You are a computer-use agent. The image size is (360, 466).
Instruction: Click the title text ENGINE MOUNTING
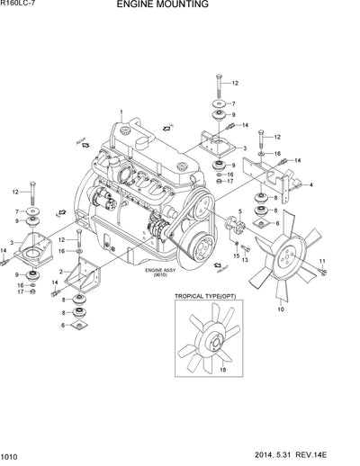(x=175, y=5)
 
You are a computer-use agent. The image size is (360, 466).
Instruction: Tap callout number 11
(x=323, y=261)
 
